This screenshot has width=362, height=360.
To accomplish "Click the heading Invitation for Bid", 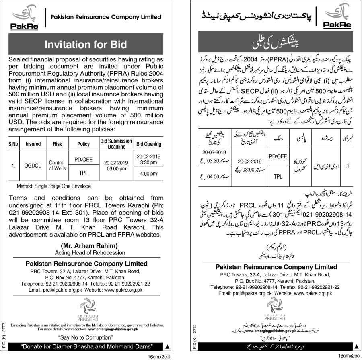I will click(x=85, y=44).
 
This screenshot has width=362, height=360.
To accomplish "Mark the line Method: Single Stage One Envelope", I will click(x=54, y=186).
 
